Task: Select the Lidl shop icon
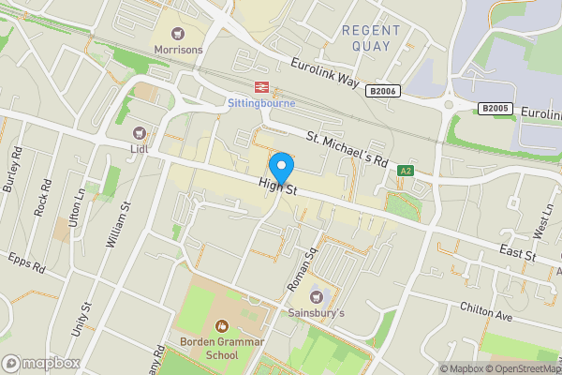(140, 134)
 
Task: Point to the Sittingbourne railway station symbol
(260, 87)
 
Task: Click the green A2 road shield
(406, 171)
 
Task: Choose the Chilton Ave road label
(486, 312)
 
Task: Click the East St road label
(516, 254)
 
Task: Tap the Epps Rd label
(25, 262)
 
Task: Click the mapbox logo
(41, 363)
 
